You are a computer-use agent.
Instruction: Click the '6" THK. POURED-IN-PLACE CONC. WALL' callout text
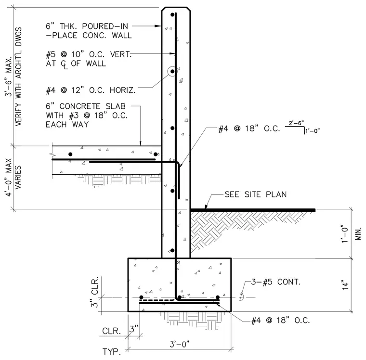click(x=89, y=31)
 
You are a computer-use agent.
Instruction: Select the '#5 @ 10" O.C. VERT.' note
click(x=89, y=54)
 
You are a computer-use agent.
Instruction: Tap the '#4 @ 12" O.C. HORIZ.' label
click(x=91, y=90)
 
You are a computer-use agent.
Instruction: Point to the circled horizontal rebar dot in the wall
click(x=172, y=71)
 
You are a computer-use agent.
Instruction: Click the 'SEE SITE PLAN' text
click(x=256, y=194)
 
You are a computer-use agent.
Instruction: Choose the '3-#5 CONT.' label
click(x=275, y=282)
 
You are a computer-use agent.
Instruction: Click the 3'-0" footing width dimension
click(x=179, y=344)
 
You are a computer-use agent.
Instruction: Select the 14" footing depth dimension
click(x=345, y=285)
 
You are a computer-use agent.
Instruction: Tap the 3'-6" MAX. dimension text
click(x=9, y=76)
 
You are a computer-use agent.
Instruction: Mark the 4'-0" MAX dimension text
click(x=9, y=178)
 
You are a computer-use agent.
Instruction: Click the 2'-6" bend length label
click(x=296, y=123)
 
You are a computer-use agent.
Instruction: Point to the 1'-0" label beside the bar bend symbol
click(x=313, y=130)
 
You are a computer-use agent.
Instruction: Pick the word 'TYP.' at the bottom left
click(x=112, y=351)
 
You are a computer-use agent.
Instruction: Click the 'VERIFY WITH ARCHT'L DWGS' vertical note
click(x=18, y=77)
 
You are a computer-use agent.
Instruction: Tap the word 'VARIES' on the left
click(x=18, y=177)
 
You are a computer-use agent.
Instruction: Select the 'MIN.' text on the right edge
click(x=358, y=233)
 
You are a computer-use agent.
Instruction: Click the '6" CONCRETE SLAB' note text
click(x=86, y=106)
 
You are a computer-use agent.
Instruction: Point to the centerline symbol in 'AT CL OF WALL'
click(x=65, y=64)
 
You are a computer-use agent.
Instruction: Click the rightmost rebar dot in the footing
click(x=218, y=297)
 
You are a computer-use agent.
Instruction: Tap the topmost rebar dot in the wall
click(x=172, y=15)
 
